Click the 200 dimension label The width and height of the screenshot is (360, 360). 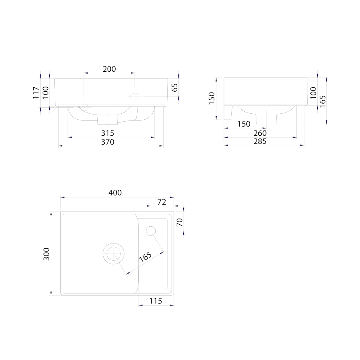pyautogui.click(x=109, y=69)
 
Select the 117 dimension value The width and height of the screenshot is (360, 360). pyautogui.click(x=36, y=93)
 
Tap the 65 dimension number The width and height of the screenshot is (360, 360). pyautogui.click(x=175, y=87)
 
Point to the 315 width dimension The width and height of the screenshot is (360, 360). pyautogui.click(x=108, y=133)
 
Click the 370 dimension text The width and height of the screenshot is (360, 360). pyautogui.click(x=108, y=142)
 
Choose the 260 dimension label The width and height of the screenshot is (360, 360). pyautogui.click(x=260, y=133)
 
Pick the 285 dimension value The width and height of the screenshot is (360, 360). pyautogui.click(x=260, y=141)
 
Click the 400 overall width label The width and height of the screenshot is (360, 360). pyautogui.click(x=115, y=193)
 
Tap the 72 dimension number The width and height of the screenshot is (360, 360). pyautogui.click(x=162, y=202)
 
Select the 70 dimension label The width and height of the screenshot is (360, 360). pyautogui.click(x=180, y=222)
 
